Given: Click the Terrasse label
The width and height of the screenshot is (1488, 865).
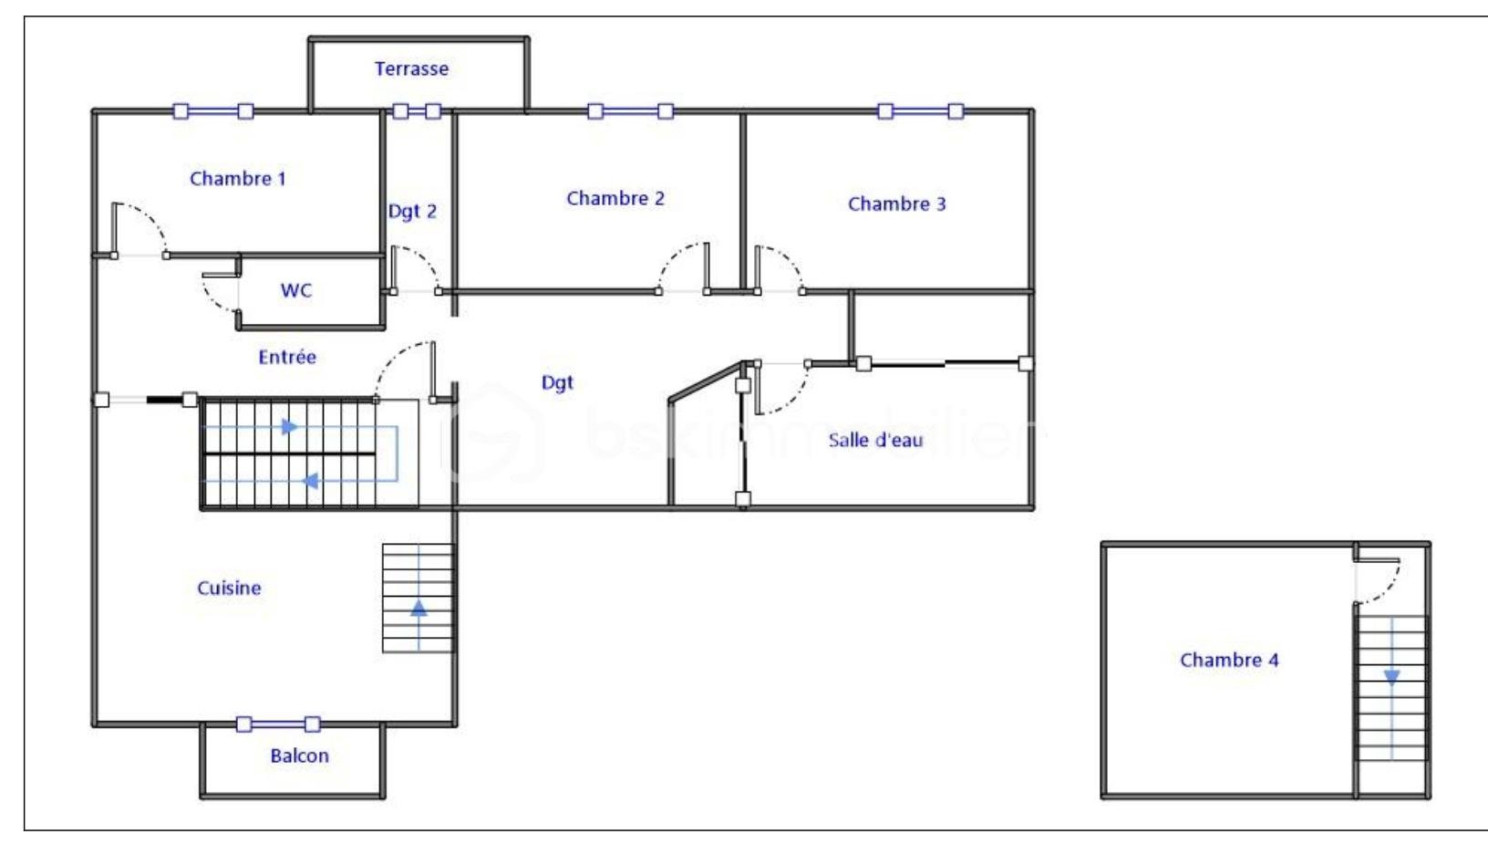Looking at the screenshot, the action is coord(411,68).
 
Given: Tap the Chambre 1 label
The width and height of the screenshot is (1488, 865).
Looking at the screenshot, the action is coord(237,178).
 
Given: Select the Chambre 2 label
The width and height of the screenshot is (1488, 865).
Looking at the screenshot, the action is coord(615,198).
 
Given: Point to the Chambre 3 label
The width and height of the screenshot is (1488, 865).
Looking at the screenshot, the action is coord(897,203).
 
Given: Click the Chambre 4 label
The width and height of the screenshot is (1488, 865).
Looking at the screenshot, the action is coord(1229,660).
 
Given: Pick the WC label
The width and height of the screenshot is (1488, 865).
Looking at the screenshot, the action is coord(295,290).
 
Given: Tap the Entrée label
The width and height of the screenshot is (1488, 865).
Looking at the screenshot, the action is coord(287,357).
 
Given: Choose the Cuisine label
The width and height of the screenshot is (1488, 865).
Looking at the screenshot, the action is coord(229,588).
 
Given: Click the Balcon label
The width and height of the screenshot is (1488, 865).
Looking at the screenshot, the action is coord(300,756).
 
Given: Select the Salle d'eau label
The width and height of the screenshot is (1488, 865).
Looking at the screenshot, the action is coord(875,440).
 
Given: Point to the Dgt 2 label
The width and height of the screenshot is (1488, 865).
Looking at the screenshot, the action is coord(412,212).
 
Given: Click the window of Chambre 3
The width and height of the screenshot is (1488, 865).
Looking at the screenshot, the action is coord(920,111).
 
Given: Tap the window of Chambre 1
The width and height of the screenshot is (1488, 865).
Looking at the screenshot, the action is coord(212,111).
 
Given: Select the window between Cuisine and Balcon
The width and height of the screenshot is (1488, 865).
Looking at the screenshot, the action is coord(278,724).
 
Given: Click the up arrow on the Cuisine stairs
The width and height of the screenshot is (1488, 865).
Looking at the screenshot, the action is coord(418,608).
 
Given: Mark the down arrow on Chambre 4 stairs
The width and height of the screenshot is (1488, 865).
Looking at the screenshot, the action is coord(1391,678).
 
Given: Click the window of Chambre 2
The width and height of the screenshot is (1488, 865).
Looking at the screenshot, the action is coord(630,111).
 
